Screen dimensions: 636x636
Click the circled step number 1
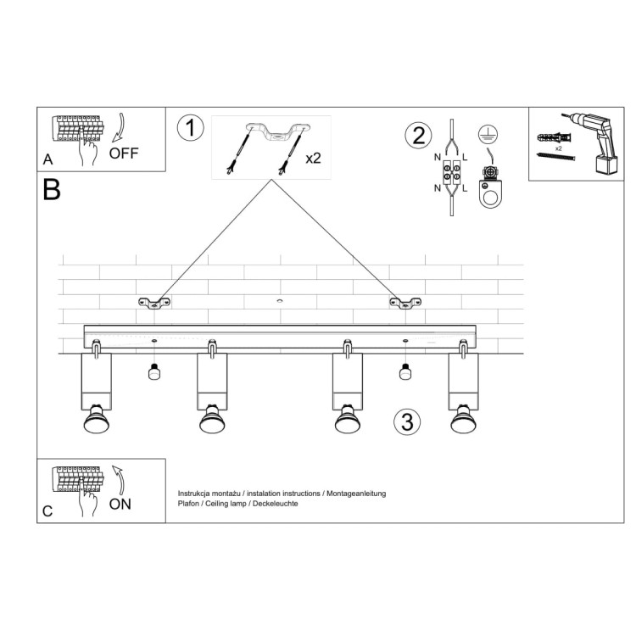click(191, 128)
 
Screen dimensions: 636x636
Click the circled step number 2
click(416, 135)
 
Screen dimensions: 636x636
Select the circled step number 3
click(407, 421)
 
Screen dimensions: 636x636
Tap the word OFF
click(124, 153)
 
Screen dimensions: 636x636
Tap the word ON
click(120, 504)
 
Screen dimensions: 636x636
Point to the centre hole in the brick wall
click(278, 301)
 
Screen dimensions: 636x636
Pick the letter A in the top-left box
click(47, 159)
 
